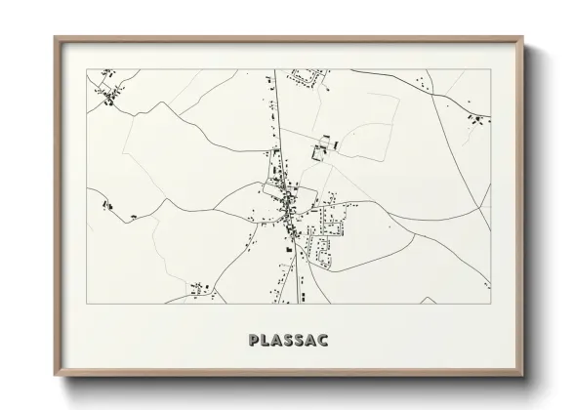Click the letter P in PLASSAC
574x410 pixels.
tap(254, 341)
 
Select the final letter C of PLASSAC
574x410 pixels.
tap(322, 341)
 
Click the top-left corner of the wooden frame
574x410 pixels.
tap(55, 37)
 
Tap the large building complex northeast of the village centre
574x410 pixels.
tap(321, 149)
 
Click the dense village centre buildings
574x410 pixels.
tap(286, 201)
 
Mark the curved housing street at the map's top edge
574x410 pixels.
tap(312, 75)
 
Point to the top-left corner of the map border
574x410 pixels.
tap(87, 68)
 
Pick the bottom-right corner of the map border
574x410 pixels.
tap(490, 304)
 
